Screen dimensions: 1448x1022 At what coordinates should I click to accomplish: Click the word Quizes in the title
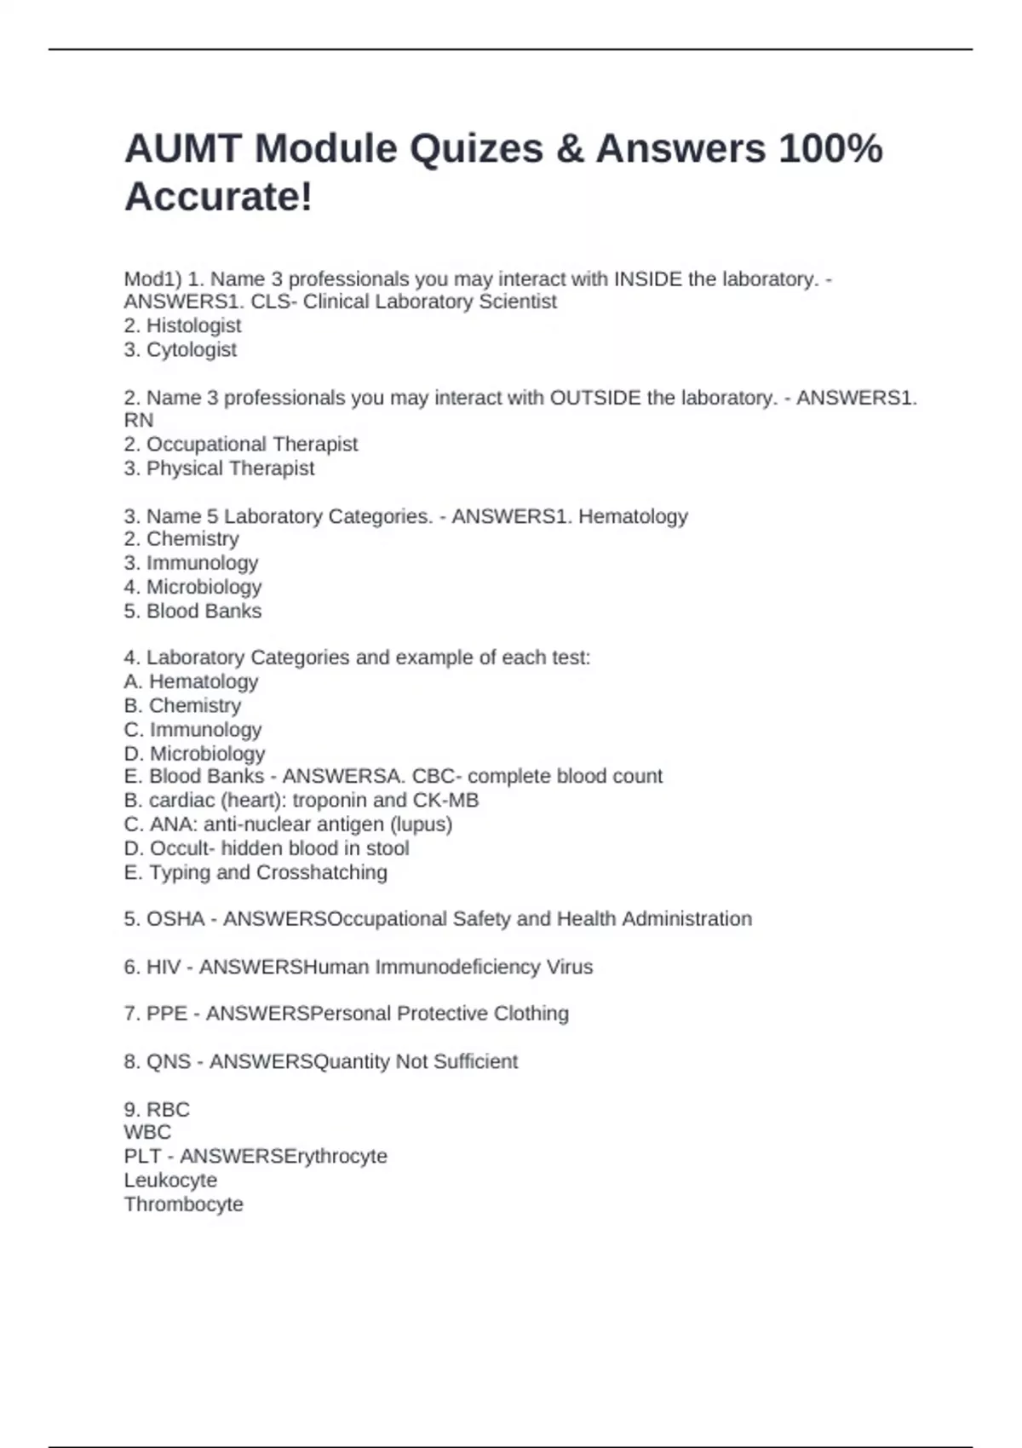tap(476, 149)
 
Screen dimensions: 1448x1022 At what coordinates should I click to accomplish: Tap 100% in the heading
tap(830, 149)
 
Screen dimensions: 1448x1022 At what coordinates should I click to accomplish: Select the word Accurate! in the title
tap(219, 198)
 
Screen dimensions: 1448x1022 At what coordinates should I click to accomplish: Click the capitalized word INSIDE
tap(647, 279)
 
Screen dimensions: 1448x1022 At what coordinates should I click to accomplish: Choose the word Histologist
tap(194, 325)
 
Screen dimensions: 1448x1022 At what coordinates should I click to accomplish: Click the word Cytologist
tap(192, 349)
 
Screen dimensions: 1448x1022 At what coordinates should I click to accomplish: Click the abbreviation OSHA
tap(175, 919)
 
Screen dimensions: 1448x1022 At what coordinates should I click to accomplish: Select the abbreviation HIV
tap(164, 967)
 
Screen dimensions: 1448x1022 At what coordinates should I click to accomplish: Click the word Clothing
tap(531, 1014)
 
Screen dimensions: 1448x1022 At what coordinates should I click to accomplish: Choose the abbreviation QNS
tap(169, 1061)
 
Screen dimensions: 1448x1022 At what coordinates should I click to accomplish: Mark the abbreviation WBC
tap(147, 1132)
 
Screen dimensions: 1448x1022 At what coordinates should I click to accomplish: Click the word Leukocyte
tap(170, 1181)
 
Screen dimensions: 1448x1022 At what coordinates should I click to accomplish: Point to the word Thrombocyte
tap(184, 1204)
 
